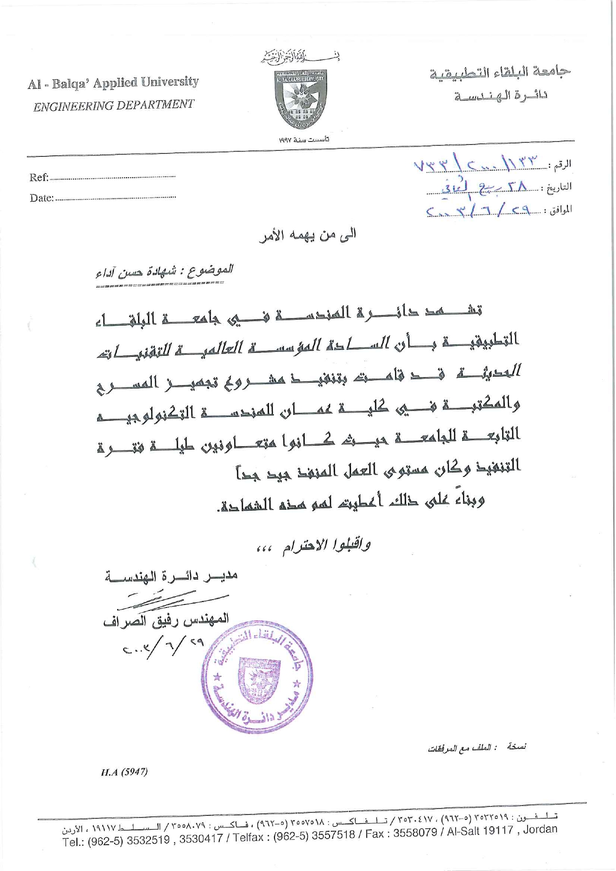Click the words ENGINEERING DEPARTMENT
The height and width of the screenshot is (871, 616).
click(x=113, y=105)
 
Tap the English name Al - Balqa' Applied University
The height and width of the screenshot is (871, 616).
click(x=113, y=82)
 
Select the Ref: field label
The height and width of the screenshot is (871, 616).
click(x=39, y=177)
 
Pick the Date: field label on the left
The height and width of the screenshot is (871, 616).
click(x=41, y=198)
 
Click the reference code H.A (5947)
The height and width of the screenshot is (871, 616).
click(x=124, y=772)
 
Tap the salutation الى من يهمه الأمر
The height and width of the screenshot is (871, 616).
click(x=308, y=235)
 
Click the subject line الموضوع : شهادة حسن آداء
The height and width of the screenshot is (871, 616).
click(x=164, y=271)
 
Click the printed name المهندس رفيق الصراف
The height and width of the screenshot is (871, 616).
click(x=166, y=620)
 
